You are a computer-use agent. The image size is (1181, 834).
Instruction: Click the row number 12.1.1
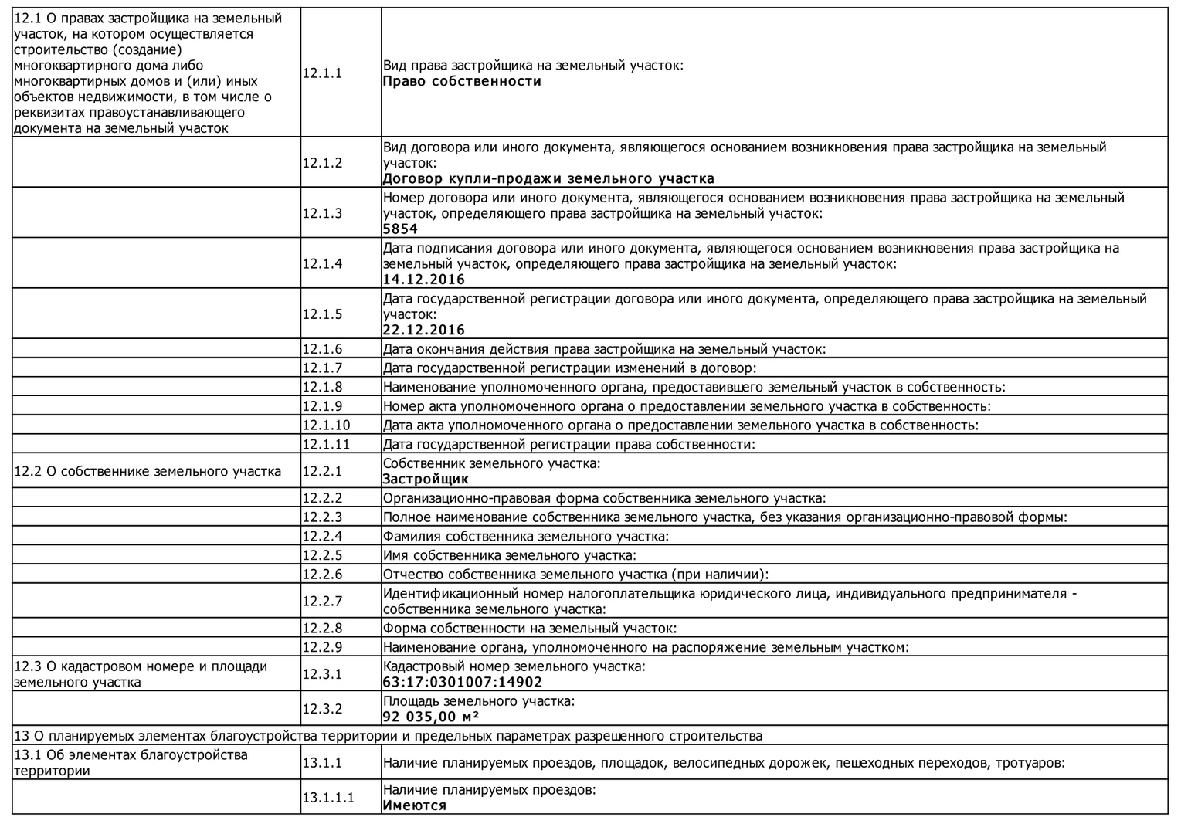coord(322,73)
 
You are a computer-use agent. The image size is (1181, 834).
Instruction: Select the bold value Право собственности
coord(462,82)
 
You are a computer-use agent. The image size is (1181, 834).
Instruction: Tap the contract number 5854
coord(400,229)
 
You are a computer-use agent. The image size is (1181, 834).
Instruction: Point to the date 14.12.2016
coord(423,280)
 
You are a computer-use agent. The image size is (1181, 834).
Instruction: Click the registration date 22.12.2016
coord(423,331)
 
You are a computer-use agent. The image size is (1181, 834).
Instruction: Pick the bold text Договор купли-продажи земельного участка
coord(548,179)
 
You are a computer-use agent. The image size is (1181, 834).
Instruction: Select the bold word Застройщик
coord(426,480)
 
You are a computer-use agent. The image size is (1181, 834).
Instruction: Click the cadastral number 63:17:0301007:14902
coord(463,683)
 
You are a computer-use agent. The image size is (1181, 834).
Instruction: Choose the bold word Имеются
coord(415,805)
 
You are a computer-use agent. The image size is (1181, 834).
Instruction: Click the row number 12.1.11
coord(326,444)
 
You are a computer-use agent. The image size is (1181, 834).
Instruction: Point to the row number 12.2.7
coord(322,601)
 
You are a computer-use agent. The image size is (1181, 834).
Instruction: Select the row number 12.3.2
coord(322,709)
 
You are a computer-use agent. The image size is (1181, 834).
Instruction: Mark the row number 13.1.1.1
coord(328,798)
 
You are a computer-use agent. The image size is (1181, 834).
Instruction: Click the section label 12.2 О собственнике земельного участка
coord(148,471)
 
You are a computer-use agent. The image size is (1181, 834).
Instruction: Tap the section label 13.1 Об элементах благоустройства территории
coord(131,762)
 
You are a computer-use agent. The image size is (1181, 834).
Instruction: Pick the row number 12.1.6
coord(322,349)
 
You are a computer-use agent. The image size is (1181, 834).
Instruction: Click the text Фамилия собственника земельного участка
coord(526,536)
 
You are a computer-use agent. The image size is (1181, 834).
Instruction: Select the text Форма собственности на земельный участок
coord(530,629)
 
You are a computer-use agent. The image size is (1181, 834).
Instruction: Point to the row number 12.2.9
coord(322,647)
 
